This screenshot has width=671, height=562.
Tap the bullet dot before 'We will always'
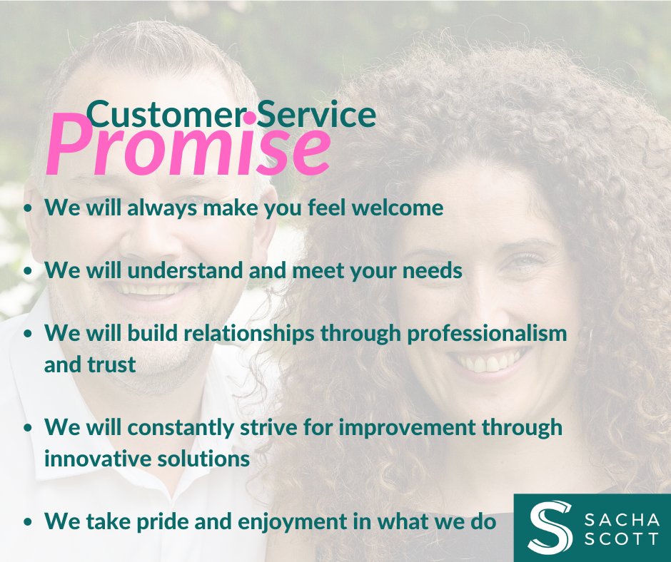[x=28, y=209]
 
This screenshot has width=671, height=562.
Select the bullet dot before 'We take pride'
[x=28, y=523]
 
